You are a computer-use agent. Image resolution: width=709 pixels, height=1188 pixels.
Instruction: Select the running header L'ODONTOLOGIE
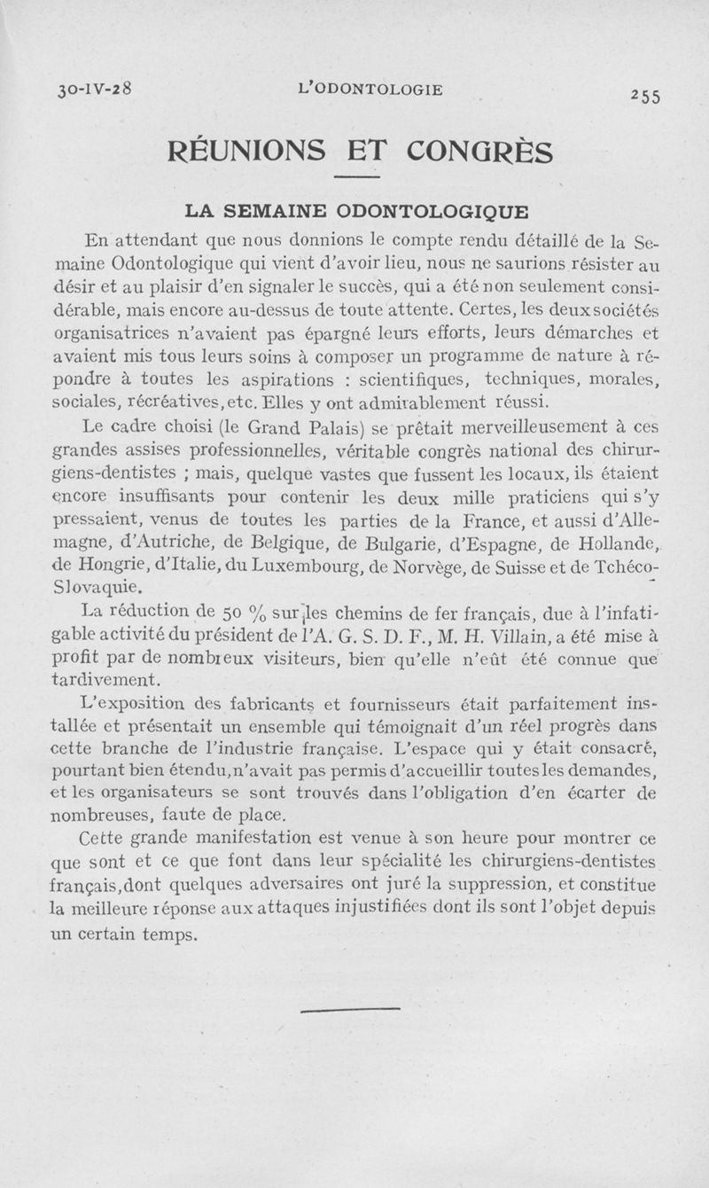tap(371, 90)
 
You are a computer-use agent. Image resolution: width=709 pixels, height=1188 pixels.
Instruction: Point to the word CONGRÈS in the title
tap(479, 150)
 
